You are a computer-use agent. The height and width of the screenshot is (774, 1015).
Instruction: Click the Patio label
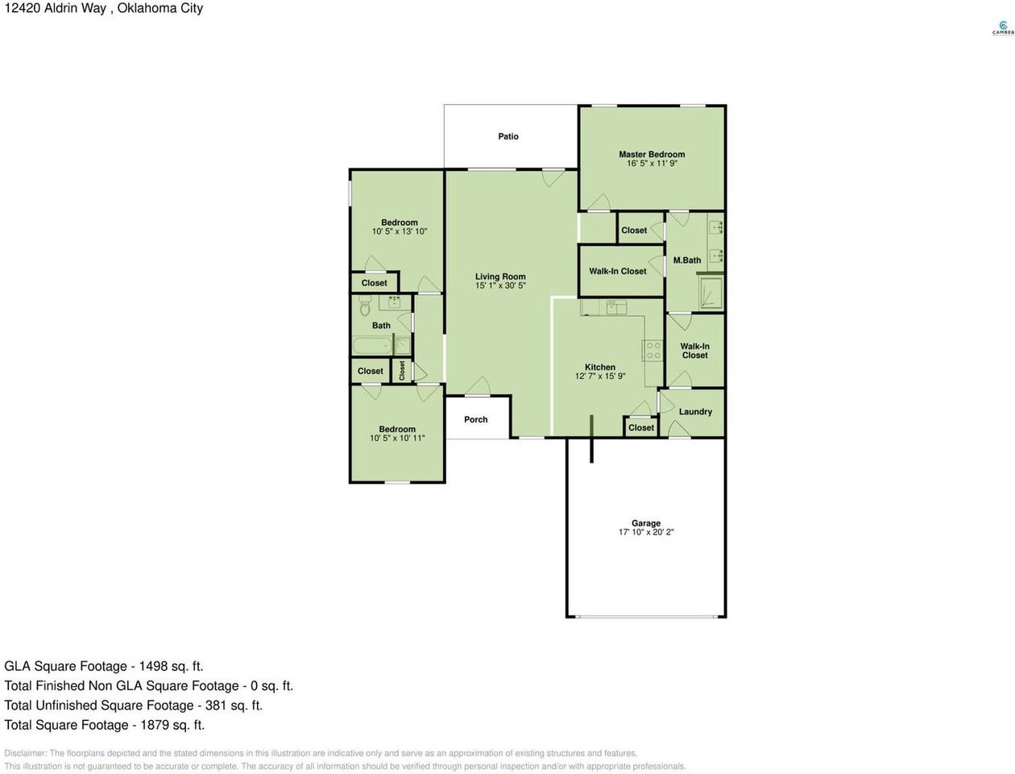click(507, 136)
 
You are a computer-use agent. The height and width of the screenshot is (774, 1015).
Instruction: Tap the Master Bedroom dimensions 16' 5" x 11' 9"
click(652, 164)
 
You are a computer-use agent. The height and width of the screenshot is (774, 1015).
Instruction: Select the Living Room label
click(500, 277)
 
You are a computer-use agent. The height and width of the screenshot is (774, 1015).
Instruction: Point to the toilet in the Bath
click(365, 306)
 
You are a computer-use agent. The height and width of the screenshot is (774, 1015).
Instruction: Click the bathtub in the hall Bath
click(373, 345)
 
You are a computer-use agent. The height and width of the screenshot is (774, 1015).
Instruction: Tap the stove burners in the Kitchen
click(653, 350)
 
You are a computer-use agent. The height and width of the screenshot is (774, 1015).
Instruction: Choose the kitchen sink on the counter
click(616, 307)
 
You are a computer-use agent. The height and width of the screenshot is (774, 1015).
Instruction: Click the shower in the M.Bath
click(710, 293)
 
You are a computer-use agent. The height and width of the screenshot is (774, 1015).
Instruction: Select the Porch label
click(476, 419)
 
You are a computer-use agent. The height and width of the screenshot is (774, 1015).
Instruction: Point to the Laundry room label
click(695, 412)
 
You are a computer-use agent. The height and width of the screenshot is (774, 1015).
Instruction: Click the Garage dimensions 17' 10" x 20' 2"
click(645, 532)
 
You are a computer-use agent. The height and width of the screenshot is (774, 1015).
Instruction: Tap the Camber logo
click(1003, 28)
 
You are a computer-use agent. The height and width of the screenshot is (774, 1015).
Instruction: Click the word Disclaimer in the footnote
click(26, 753)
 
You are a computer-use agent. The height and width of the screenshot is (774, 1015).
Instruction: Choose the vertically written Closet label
click(402, 371)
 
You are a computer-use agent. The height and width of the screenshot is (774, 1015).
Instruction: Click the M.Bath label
click(686, 260)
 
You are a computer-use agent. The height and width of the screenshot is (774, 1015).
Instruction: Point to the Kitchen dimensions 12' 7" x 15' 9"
click(600, 377)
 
